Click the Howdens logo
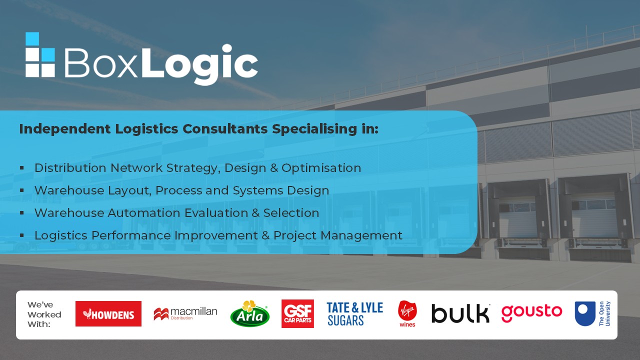pyautogui.click(x=108, y=313)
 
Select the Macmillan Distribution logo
pyautogui.click(x=185, y=313)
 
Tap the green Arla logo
pyautogui.click(x=249, y=313)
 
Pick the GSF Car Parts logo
pyautogui.click(x=297, y=313)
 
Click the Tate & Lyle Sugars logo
pyautogui.click(x=355, y=314)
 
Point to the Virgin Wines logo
pyautogui.click(x=407, y=313)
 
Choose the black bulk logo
pyautogui.click(x=460, y=313)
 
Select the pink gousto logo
pyautogui.click(x=531, y=313)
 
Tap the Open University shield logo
pyautogui.click(x=592, y=313)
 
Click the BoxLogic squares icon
pyautogui.click(x=40, y=54)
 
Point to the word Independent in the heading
pyautogui.click(x=65, y=129)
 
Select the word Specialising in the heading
pyautogui.click(x=314, y=129)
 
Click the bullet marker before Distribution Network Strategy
pyautogui.click(x=22, y=167)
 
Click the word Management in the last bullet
pyautogui.click(x=361, y=235)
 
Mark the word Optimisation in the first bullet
pyautogui.click(x=321, y=168)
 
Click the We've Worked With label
pyautogui.click(x=44, y=314)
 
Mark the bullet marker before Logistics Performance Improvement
pyautogui.click(x=22, y=235)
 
